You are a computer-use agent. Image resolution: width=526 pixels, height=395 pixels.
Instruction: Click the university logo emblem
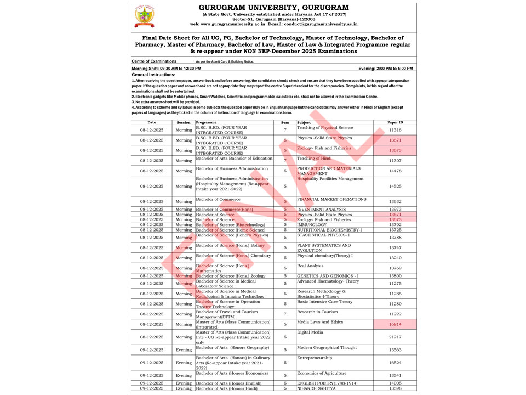coord(145,16)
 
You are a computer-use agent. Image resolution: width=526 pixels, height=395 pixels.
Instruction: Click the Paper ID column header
coord(395,122)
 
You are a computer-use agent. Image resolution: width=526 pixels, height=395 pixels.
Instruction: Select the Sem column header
coord(285,122)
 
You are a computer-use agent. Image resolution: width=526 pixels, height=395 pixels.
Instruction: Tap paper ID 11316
coord(395,130)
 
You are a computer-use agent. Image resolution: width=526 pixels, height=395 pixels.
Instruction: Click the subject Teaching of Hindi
coord(315,159)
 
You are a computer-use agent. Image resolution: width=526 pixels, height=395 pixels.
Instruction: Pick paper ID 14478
coord(395,171)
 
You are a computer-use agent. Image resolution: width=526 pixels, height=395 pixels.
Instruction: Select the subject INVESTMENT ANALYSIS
coord(321,209)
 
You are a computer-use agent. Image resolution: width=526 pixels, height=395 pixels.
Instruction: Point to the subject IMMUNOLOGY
coord(312,224)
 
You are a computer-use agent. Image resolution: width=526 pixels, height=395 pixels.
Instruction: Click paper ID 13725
coord(395,230)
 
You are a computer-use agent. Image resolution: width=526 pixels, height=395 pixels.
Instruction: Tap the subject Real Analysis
coord(311,266)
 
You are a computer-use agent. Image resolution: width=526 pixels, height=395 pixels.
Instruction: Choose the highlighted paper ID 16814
coord(395,324)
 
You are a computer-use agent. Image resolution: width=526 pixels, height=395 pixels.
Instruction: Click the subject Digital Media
coord(310,332)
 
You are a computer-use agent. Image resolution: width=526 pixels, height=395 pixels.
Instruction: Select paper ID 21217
coord(395,337)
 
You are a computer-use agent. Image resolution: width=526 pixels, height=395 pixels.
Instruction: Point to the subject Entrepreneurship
coord(315,358)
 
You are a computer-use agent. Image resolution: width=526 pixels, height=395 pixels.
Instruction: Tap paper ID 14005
coord(395,383)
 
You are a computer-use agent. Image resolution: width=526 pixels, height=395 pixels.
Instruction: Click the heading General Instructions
coord(153,74)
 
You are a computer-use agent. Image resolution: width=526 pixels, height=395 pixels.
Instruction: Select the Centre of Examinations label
coord(155,61)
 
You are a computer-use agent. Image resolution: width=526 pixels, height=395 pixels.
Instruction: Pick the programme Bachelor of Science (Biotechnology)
coord(230,224)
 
